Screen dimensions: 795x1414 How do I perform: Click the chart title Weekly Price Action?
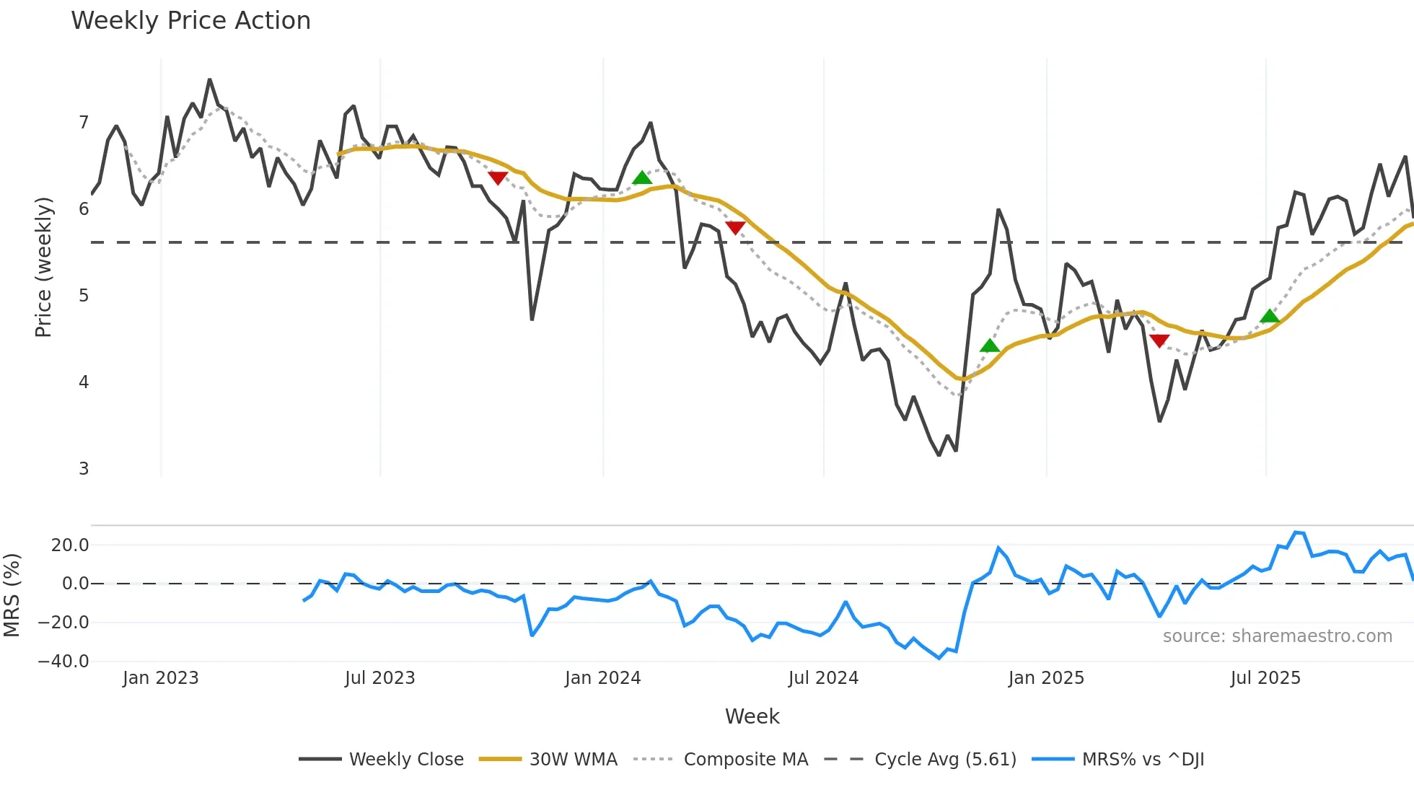190,21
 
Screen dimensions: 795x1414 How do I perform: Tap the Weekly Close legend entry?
406,760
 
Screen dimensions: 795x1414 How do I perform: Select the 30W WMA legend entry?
573,760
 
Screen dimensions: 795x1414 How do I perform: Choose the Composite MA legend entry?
745,760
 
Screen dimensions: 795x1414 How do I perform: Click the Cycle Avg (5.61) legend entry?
945,760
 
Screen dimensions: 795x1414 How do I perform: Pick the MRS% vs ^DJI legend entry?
1143,760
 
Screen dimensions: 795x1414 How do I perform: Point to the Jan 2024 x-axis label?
602,678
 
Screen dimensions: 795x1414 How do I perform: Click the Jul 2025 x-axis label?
1265,678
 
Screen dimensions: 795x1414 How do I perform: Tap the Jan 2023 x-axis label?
160,678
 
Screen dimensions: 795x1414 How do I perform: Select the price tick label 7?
84,123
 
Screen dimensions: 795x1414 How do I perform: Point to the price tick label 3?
84,469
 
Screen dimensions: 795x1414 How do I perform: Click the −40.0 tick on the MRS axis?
63,662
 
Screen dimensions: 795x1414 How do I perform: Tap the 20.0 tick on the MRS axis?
70,545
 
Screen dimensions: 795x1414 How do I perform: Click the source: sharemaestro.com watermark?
1277,636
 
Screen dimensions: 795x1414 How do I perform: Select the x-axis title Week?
752,716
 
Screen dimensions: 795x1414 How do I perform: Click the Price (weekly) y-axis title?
43,267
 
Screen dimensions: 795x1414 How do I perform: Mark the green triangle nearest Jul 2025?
1270,317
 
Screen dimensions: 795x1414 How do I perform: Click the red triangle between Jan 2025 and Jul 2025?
1159,341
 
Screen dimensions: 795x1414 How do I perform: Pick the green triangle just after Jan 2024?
642,177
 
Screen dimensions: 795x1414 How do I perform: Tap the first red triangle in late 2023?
498,177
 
